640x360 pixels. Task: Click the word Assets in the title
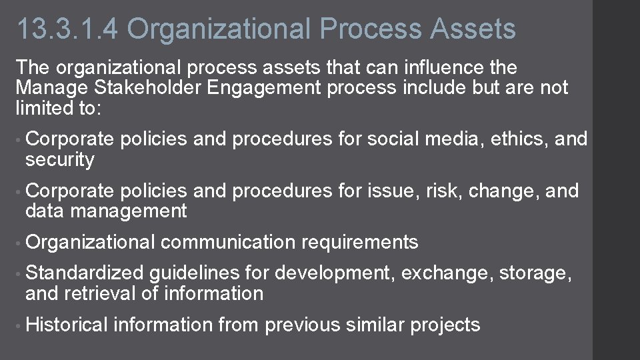pyautogui.click(x=473, y=29)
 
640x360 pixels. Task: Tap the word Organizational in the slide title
pyautogui.click(x=219, y=29)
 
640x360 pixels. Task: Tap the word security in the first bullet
pyautogui.click(x=60, y=159)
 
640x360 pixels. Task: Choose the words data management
pyautogui.click(x=106, y=211)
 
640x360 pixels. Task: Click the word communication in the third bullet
pyautogui.click(x=228, y=242)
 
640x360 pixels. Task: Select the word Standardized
pyautogui.click(x=84, y=273)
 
